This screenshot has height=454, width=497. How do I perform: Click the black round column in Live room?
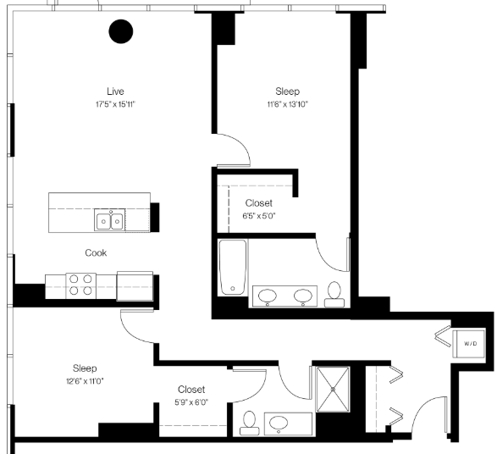tap(121, 31)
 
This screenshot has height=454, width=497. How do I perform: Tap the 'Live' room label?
tap(115, 91)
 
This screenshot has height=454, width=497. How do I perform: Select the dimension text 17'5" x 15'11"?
tap(116, 104)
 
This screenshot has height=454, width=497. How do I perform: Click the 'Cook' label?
tap(96, 252)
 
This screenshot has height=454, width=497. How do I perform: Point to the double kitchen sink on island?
tap(110, 219)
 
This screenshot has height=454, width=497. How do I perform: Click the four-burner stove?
tap(80, 285)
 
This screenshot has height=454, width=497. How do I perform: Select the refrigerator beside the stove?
tap(135, 286)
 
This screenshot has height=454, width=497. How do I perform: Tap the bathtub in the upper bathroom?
tap(233, 268)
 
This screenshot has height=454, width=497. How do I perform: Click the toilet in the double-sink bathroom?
tap(334, 295)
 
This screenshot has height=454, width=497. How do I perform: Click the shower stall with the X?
tap(333, 389)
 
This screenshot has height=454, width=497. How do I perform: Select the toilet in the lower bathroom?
tap(250, 423)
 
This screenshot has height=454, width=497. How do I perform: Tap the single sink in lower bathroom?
tap(279, 423)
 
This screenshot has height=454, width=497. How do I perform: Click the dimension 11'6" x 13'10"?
tap(288, 104)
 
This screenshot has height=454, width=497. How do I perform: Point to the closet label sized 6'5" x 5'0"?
tap(258, 209)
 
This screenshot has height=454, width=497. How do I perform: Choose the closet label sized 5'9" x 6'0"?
tap(191, 396)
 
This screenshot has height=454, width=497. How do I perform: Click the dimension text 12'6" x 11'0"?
tap(85, 381)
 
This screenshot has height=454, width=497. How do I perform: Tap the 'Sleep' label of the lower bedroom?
tap(85, 368)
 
